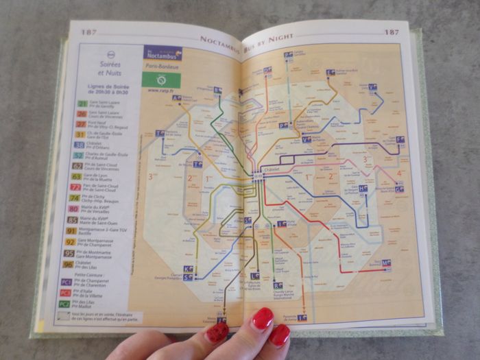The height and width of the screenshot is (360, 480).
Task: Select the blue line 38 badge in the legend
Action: click(80, 145)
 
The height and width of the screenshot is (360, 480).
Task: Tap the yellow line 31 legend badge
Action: click(81, 135)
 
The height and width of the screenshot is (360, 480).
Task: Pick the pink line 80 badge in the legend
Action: click(73, 208)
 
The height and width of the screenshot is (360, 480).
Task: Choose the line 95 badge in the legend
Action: click(70, 252)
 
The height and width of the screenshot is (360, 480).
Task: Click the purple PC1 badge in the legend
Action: click(66, 282)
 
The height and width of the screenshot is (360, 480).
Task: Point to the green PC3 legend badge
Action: click(64, 303)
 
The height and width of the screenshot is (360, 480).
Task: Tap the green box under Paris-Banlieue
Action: click(162, 80)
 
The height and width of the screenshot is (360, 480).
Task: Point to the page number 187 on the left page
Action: click(88, 32)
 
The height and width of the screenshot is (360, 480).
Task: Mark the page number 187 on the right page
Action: click(391, 32)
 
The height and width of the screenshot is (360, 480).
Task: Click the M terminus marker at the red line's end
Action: click(386, 263)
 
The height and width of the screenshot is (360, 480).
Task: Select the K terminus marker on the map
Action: click(187, 269)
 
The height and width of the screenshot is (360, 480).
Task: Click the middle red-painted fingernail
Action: click(263, 319)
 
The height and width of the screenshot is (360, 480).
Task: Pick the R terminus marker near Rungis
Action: click(278, 285)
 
